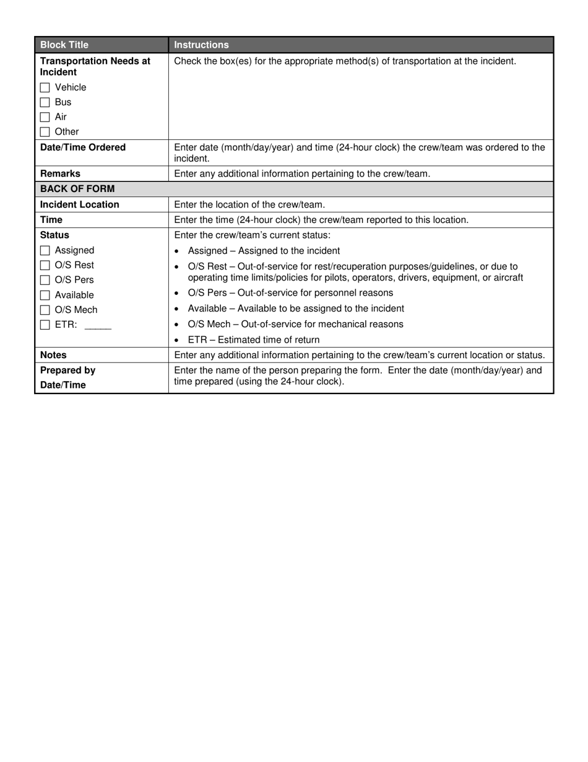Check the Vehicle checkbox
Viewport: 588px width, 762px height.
tap(45, 87)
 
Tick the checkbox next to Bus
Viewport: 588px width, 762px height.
tap(45, 102)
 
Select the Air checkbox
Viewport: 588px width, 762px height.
tap(45, 117)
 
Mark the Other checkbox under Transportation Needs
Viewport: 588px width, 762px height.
tap(45, 132)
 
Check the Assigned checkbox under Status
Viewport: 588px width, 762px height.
tap(45, 251)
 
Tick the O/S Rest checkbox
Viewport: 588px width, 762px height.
tap(45, 265)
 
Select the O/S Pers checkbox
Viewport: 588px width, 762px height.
tap(45, 280)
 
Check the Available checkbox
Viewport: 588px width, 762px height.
tap(45, 295)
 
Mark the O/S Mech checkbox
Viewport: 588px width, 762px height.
tap(45, 310)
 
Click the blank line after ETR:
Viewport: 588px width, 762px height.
tap(98, 326)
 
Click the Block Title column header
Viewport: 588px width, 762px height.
tap(64, 45)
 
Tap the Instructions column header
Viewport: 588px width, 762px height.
tap(201, 45)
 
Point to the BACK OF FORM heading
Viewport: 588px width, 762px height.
tap(77, 189)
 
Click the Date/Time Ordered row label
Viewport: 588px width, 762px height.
tap(83, 147)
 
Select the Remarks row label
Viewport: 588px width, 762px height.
tap(60, 173)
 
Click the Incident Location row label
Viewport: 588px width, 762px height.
tap(80, 204)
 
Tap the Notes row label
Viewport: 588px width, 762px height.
tap(53, 355)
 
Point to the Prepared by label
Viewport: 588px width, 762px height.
tap(67, 370)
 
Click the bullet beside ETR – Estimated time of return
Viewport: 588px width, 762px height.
tap(177, 340)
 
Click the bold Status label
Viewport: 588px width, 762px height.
tap(54, 235)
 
